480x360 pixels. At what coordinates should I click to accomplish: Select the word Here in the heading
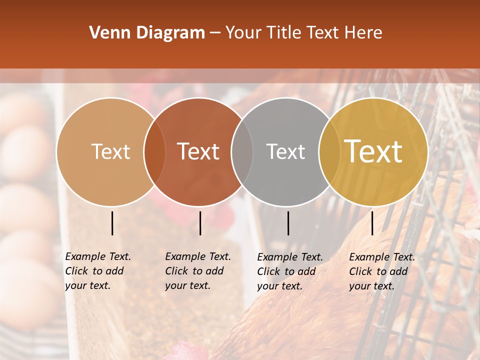[x=363, y=33]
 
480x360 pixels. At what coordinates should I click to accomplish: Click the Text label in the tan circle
[x=110, y=151]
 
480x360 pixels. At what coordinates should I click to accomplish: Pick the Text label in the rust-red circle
[x=198, y=151]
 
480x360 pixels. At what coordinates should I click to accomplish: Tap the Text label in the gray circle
[x=285, y=151]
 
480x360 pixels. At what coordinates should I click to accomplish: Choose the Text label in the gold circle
[x=373, y=151]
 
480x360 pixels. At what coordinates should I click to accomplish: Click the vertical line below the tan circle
[x=112, y=223]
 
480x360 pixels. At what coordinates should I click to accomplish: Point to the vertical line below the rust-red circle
[x=200, y=223]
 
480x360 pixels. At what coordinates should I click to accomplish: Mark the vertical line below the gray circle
[x=288, y=223]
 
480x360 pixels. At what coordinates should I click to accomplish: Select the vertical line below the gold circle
[x=372, y=223]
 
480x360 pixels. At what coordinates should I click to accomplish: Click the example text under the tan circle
[x=97, y=271]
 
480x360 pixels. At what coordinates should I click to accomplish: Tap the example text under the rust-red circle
[x=197, y=271]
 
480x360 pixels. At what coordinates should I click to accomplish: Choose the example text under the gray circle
[x=289, y=271]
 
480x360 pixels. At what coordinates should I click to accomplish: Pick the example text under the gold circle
[x=381, y=271]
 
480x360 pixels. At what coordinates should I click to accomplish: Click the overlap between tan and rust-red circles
[x=154, y=151]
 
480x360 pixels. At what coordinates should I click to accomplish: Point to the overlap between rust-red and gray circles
[x=242, y=151]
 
